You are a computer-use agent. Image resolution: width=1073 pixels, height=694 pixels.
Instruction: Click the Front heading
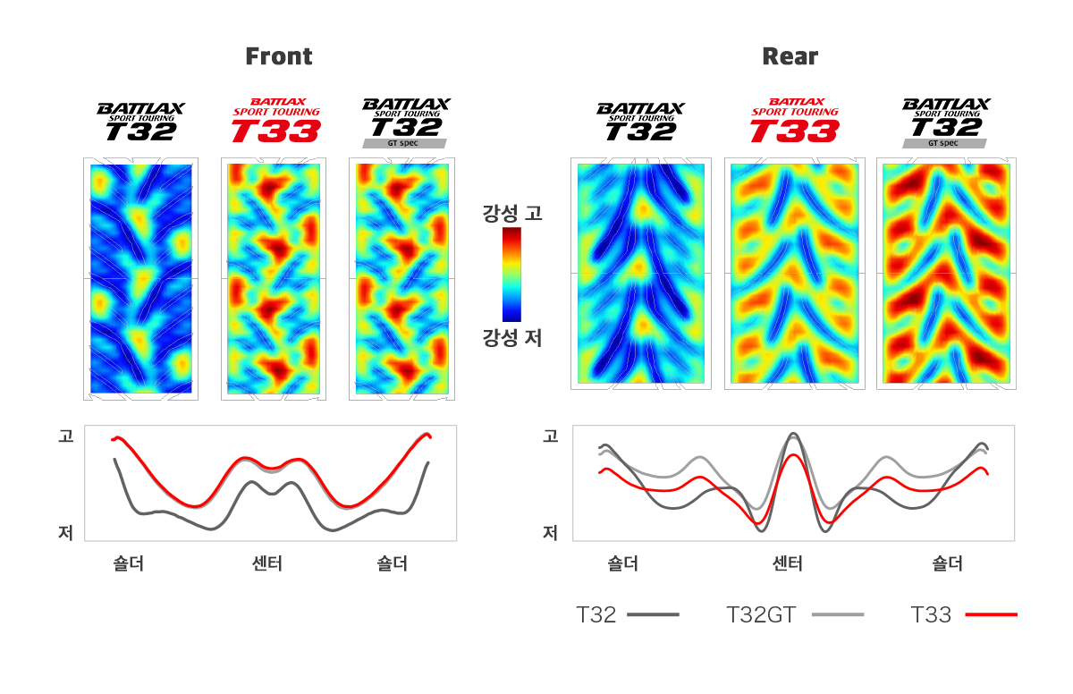click(279, 56)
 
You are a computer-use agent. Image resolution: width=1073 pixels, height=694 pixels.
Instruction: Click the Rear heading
click(790, 56)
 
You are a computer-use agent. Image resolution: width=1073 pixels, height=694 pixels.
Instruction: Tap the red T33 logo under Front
click(275, 121)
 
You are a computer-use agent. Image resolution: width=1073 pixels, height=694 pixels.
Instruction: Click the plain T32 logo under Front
click(140, 122)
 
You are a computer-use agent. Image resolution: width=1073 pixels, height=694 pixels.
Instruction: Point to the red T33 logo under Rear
click(794, 121)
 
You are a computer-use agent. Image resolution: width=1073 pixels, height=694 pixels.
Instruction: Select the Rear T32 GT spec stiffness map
click(946, 274)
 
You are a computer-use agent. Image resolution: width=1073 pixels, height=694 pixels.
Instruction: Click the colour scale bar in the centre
click(511, 274)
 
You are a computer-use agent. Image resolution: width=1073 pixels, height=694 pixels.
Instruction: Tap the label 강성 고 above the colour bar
click(512, 214)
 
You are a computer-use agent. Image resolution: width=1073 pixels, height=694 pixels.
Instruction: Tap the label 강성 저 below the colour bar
click(512, 338)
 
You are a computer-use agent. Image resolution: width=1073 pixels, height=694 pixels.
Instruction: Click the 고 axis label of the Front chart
click(65, 436)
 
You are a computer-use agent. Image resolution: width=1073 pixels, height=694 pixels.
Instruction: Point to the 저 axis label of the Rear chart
click(551, 533)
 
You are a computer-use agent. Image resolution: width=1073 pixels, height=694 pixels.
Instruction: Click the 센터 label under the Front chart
click(267, 563)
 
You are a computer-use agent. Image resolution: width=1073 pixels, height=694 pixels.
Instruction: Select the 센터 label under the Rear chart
click(788, 563)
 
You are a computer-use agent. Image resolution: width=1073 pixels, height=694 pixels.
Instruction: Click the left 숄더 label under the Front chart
click(129, 563)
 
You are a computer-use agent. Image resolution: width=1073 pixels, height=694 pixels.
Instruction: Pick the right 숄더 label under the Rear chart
click(947, 563)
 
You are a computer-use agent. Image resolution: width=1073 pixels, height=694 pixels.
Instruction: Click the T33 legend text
click(931, 614)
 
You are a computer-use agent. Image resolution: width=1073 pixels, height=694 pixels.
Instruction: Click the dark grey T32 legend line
click(653, 614)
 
